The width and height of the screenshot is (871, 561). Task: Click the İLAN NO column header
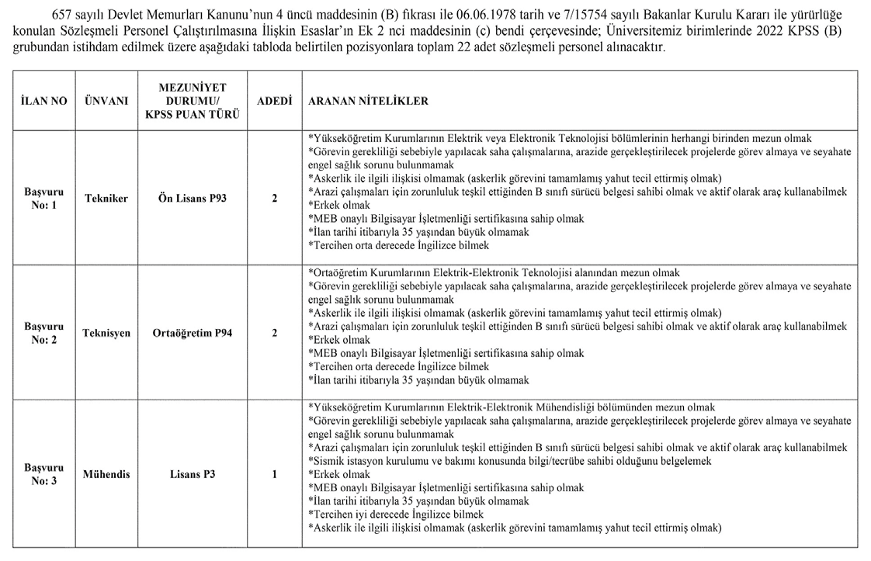[x=44, y=102]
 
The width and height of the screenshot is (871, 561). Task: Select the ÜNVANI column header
[x=106, y=102]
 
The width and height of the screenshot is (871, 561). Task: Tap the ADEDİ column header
[x=274, y=102]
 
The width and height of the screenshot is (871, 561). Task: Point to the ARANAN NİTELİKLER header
[x=368, y=102]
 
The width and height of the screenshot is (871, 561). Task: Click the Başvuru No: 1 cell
[x=44, y=198]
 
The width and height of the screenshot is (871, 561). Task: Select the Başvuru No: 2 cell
[x=44, y=334]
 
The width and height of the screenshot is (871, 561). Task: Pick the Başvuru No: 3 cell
[x=44, y=474]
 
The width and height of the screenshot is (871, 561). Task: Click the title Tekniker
[x=106, y=199]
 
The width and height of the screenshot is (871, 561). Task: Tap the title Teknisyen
[x=106, y=334]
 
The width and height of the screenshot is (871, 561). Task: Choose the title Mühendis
[x=106, y=474]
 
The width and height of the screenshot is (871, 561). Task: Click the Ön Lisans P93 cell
[x=192, y=199]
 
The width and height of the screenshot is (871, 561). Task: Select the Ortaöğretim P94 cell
[x=192, y=334]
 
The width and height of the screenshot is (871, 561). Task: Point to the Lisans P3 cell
[x=192, y=474]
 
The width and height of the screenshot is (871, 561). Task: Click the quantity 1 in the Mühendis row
[x=274, y=474]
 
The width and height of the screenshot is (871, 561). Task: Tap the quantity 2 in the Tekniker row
[x=274, y=199]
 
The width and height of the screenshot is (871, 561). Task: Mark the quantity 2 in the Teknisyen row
[x=274, y=334]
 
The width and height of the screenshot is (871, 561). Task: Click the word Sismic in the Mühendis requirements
[x=327, y=461]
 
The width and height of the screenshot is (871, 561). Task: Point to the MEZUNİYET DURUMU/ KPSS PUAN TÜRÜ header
[x=192, y=102]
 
